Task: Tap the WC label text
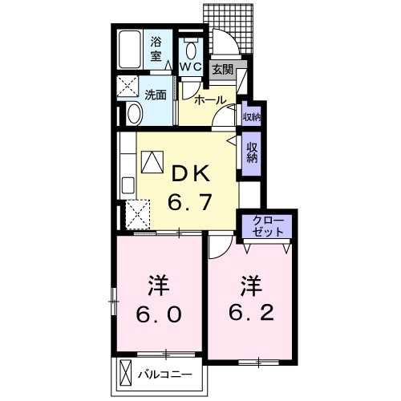[190, 67]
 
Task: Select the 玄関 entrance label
[221, 70]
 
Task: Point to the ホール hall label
[211, 100]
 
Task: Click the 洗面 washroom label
[156, 95]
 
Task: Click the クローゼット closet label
[269, 224]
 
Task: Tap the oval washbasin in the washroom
[133, 112]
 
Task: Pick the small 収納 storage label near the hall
[251, 117]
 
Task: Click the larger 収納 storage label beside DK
[252, 152]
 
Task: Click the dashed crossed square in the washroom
[129, 86]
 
